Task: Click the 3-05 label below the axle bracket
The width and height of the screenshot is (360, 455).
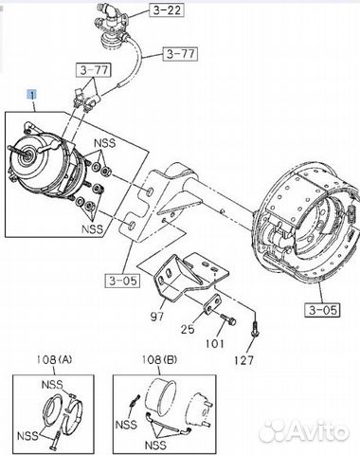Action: tap(122, 280)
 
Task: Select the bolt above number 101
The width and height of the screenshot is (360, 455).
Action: tap(223, 318)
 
